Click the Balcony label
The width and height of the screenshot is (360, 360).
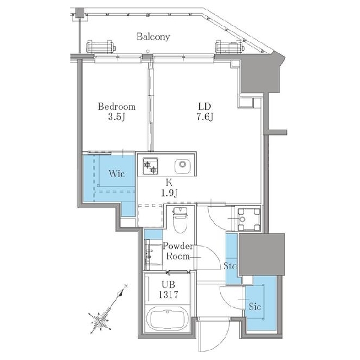point(154,37)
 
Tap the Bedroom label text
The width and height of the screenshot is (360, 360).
point(116,107)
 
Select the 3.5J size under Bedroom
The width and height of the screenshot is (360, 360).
point(116,117)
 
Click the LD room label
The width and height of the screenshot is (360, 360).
point(205,107)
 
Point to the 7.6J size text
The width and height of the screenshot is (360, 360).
point(205,117)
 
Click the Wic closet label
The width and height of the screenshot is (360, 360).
point(117,173)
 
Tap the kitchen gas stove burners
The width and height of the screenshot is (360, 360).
point(151,166)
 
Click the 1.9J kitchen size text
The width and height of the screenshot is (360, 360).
point(169,193)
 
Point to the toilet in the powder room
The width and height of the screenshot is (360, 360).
point(180,220)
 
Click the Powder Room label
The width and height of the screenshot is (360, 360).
point(178,251)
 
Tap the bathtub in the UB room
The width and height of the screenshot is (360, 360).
point(168,319)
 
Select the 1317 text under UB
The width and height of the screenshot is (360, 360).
point(169,295)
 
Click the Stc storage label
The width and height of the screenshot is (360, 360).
point(230,266)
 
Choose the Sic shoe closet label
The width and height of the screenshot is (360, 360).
point(255,306)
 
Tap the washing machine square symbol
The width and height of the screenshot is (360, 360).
point(249,219)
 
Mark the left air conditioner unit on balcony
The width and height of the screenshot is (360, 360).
point(101,46)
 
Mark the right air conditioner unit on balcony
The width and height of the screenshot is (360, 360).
point(230,46)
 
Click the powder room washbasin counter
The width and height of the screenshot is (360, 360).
point(153,255)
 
